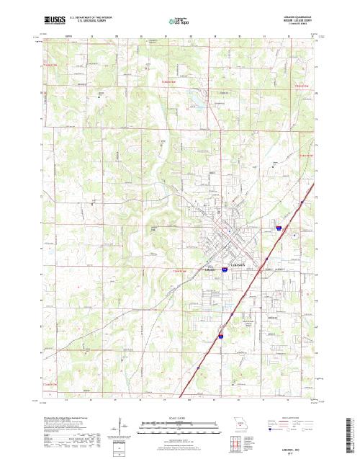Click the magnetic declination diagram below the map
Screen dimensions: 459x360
point(118,428)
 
